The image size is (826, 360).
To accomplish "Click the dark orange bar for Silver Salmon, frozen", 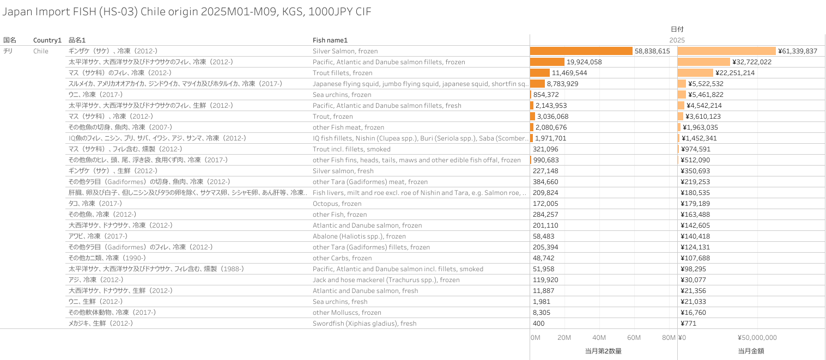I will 581,51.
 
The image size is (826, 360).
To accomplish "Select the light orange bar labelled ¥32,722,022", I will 703,62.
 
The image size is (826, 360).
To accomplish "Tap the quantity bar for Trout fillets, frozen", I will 540,72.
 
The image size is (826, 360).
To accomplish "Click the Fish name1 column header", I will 330,40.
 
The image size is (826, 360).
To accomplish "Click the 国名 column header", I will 10,40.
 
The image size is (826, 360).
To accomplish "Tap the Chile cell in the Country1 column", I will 40,51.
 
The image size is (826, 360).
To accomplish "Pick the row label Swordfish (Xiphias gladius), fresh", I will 364,323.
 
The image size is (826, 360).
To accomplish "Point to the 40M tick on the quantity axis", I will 599,338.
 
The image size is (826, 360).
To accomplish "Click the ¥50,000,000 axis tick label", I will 757,338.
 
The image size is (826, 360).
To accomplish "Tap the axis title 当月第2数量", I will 603,351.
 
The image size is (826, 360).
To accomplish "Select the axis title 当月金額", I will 751,351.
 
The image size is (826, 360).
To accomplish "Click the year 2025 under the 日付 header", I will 677,40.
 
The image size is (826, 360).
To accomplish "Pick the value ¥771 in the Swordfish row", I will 689,323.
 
